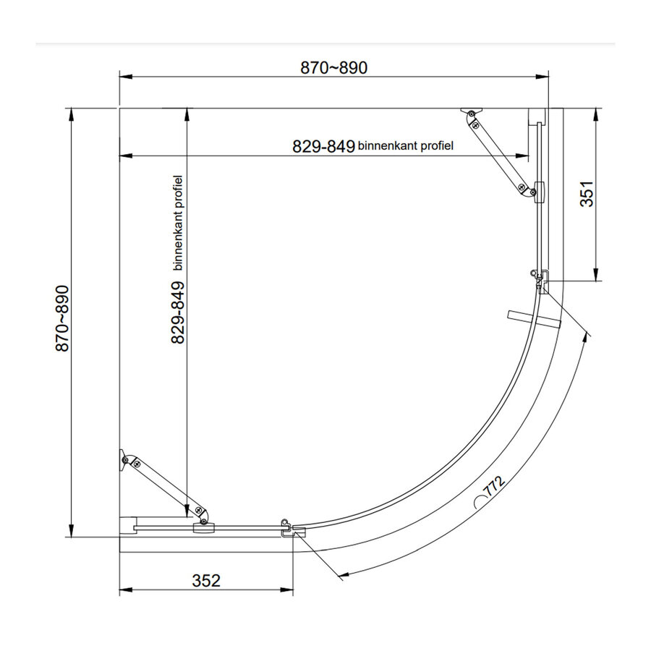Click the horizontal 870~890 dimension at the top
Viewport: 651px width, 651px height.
pos(333,68)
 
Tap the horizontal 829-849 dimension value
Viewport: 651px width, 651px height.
pos(323,146)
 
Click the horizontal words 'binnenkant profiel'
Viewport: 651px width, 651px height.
pos(405,146)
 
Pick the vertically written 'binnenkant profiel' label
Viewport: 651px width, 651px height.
pos(179,222)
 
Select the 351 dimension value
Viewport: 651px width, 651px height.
pos(587,193)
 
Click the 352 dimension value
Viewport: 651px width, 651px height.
pos(205,580)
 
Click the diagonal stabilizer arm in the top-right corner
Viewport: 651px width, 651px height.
pos(498,152)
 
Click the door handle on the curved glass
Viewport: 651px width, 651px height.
pos(534,319)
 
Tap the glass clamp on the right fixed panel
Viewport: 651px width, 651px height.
pos(538,192)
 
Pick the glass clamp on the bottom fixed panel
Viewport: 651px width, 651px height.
pos(203,529)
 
